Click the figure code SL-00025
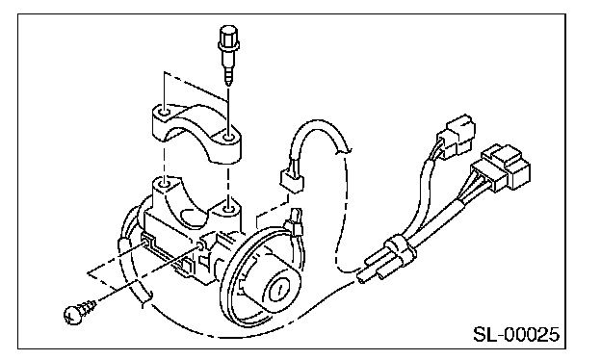(x=516, y=334)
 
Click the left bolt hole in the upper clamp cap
(x=164, y=113)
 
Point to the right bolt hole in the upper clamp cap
(x=229, y=137)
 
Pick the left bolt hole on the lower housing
(x=165, y=185)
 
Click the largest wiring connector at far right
(x=502, y=167)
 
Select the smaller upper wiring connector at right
(x=456, y=136)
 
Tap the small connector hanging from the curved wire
(x=292, y=179)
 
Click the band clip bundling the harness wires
(x=400, y=247)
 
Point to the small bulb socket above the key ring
(x=295, y=222)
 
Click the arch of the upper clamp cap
(x=196, y=115)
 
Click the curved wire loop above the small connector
(x=317, y=134)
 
